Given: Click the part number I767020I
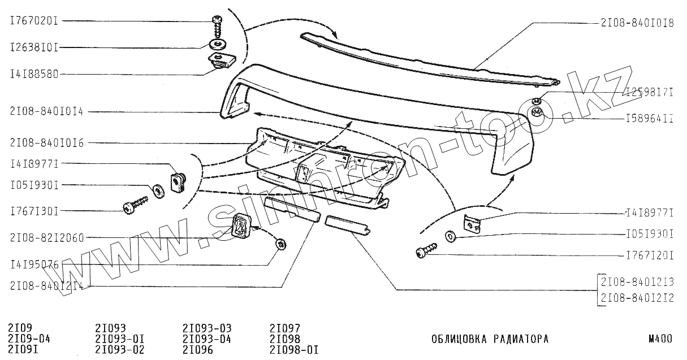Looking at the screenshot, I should pyautogui.click(x=34, y=21).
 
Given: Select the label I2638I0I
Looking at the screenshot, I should pyautogui.click(x=34, y=47).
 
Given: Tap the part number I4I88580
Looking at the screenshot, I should pyautogui.click(x=34, y=73).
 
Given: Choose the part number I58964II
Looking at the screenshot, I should pyautogui.click(x=649, y=119).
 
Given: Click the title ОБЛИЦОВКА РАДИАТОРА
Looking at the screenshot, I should pyautogui.click(x=489, y=340).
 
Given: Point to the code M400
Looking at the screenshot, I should pyautogui.click(x=660, y=340).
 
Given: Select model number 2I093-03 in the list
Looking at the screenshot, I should pyautogui.click(x=207, y=328).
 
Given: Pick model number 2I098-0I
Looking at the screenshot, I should pyautogui.click(x=294, y=349).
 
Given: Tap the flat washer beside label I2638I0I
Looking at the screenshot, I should pyautogui.click(x=218, y=44).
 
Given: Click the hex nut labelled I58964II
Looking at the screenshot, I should pyautogui.click(x=538, y=113).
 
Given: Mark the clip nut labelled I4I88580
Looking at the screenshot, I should pyautogui.click(x=219, y=60).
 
